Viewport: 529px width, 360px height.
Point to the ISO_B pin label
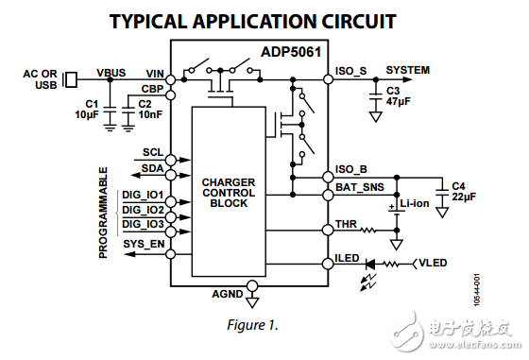[351, 170]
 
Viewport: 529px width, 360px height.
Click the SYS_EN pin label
[141, 244]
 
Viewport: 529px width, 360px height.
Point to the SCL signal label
[152, 152]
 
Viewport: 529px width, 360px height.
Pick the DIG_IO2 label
[143, 210]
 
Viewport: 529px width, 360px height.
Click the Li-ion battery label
[417, 203]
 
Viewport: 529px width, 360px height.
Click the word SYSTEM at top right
[408, 70]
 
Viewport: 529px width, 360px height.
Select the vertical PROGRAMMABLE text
[104, 213]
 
